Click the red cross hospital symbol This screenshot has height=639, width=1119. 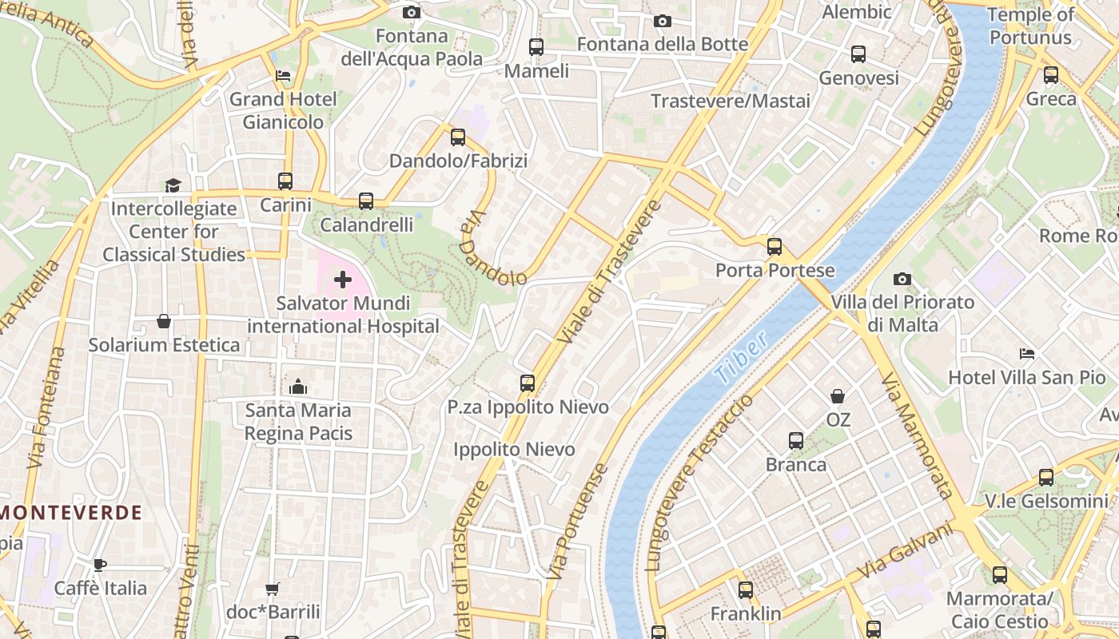[343, 280]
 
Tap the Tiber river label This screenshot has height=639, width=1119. [743, 355]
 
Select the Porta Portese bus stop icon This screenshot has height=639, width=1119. [774, 247]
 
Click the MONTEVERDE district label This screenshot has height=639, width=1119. [71, 513]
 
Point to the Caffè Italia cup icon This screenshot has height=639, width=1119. [100, 565]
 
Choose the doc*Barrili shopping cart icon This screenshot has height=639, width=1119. [273, 589]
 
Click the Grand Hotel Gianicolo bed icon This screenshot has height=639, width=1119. [283, 76]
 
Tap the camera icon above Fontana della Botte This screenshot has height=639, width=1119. [663, 21]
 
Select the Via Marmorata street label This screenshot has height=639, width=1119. [918, 435]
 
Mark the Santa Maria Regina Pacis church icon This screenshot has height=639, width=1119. [298, 387]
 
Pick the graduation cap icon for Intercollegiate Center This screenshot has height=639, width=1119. [173, 185]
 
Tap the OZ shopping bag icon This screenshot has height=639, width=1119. [838, 396]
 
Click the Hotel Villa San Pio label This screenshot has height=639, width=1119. [1026, 377]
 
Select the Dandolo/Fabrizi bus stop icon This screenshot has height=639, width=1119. [458, 137]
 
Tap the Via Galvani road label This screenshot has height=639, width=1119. [906, 551]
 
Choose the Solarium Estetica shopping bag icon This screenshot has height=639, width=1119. [164, 321]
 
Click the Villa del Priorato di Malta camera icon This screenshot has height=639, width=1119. [902, 279]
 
